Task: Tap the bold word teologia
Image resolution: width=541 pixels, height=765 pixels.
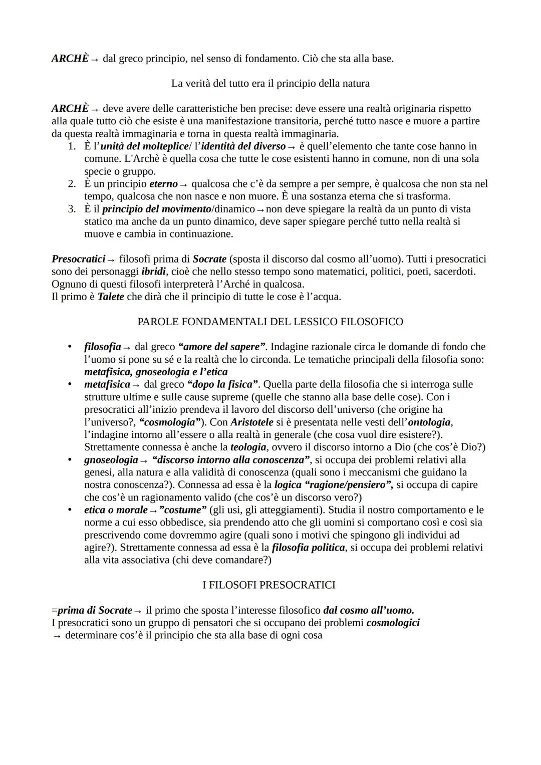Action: (x=248, y=447)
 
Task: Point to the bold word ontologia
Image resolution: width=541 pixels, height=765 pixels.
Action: (x=430, y=422)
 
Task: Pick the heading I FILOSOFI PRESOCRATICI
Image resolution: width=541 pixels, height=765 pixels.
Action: (x=269, y=585)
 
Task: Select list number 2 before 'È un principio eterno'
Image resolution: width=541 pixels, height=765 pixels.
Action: (x=72, y=184)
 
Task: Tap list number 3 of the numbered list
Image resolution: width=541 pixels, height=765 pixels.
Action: (x=72, y=209)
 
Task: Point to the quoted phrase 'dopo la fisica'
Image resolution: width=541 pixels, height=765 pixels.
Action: (x=222, y=384)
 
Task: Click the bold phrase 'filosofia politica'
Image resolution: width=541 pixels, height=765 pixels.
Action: (x=308, y=548)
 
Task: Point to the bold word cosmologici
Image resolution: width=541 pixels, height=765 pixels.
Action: (x=393, y=623)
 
